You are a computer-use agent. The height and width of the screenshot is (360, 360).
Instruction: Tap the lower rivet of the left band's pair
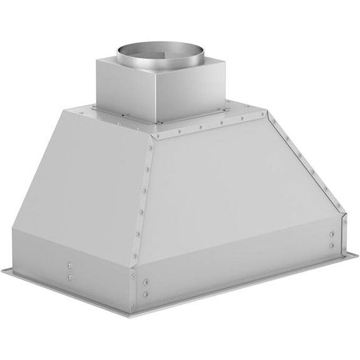pyautogui.click(x=69, y=276)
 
